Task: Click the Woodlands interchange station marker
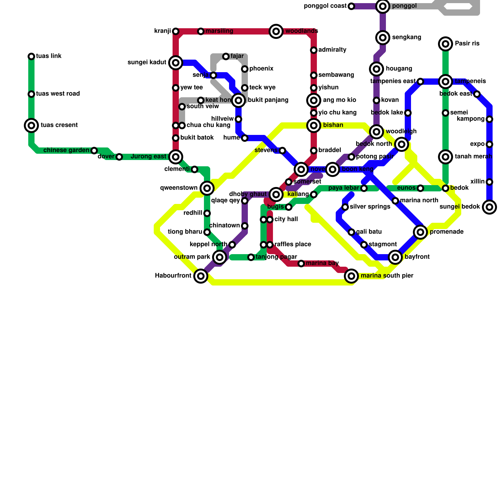(x=276, y=31)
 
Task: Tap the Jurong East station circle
(x=176, y=157)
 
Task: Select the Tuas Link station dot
(x=31, y=56)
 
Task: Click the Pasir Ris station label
(x=467, y=44)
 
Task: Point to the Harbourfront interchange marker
(x=201, y=276)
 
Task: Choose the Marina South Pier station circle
(x=351, y=276)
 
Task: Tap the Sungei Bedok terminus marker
(x=489, y=207)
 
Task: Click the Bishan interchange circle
(x=314, y=125)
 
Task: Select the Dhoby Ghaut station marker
(x=276, y=195)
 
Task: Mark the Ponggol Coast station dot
(x=351, y=6)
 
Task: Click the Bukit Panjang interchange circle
(x=238, y=100)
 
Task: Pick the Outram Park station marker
(x=220, y=257)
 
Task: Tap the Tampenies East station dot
(x=420, y=82)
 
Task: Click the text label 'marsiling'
(x=219, y=31)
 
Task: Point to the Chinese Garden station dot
(x=94, y=151)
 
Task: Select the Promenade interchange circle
(x=420, y=232)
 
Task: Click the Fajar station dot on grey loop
(x=226, y=56)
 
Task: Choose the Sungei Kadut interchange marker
(x=176, y=63)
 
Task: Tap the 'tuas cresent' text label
(x=59, y=125)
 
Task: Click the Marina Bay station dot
(x=301, y=264)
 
